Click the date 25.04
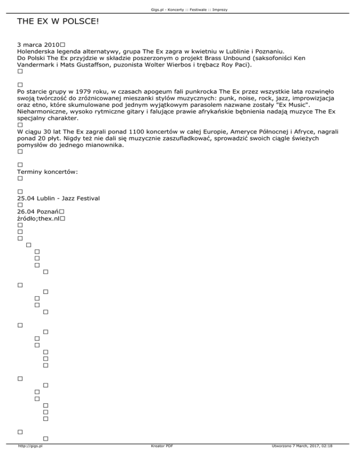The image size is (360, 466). pos(25,199)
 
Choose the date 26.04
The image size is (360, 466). pos(25,212)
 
